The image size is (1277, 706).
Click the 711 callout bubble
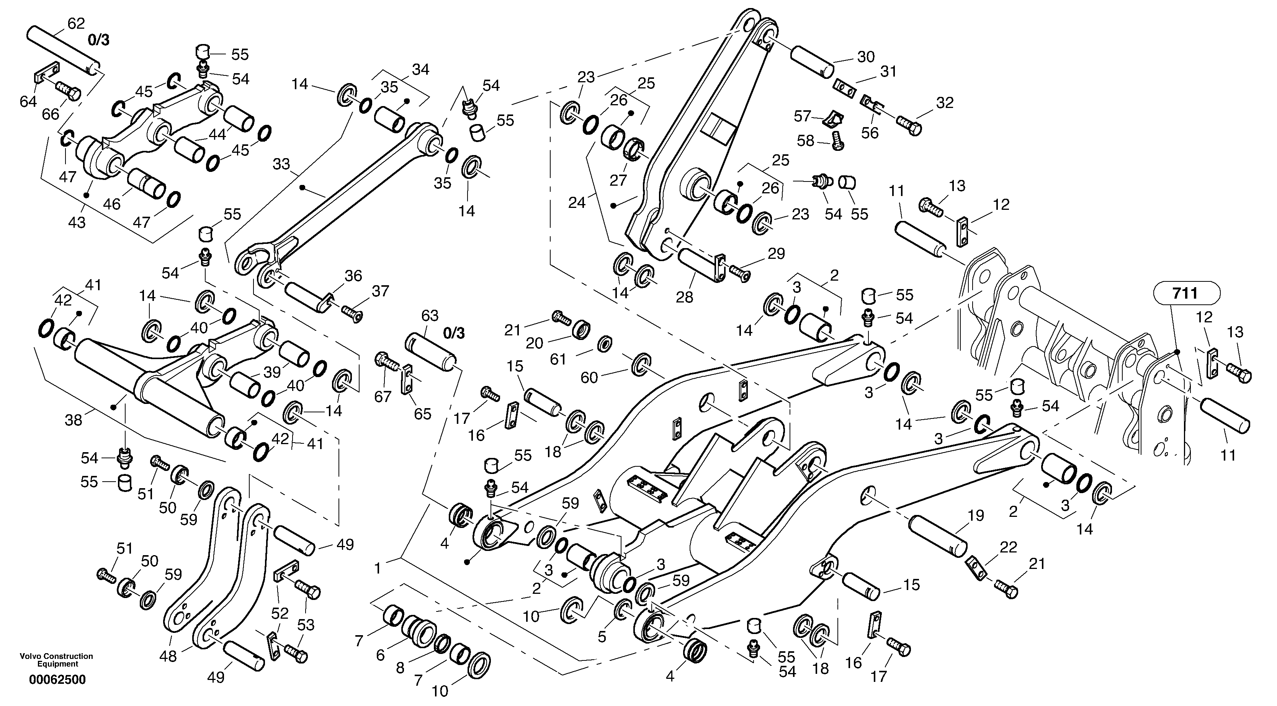[1186, 294]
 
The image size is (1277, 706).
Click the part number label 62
[76, 23]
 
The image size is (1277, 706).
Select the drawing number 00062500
[57, 679]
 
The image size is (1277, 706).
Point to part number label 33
[281, 164]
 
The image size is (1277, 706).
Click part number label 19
[975, 516]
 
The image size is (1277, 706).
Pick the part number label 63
[430, 315]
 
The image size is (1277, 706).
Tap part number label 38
[74, 421]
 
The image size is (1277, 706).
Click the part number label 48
[168, 657]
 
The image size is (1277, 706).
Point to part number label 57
[802, 116]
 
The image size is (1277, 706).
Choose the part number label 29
[776, 253]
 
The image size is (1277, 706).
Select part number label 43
[77, 222]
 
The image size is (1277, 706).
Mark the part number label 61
[558, 359]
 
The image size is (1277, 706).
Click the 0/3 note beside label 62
[99, 40]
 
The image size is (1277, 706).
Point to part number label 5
[602, 637]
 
